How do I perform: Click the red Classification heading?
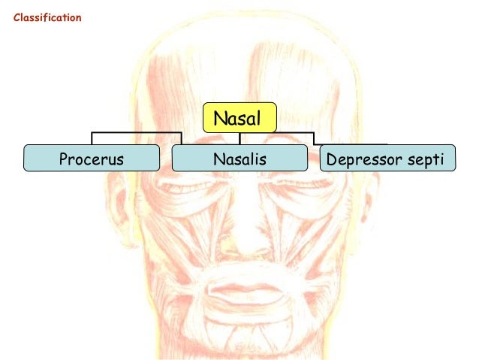[x=47, y=17]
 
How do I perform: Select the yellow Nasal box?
[x=239, y=118]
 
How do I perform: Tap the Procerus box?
[x=92, y=159]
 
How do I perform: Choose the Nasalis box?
[x=239, y=159]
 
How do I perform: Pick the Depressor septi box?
[x=387, y=159]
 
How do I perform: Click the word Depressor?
[x=366, y=159]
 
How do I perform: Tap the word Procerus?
[x=92, y=159]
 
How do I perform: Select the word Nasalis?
[x=239, y=159]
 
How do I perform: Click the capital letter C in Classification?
[x=17, y=17]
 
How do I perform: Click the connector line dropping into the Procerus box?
[x=92, y=139]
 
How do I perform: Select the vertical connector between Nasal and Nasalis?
[x=239, y=138]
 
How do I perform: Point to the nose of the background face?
[x=239, y=241]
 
